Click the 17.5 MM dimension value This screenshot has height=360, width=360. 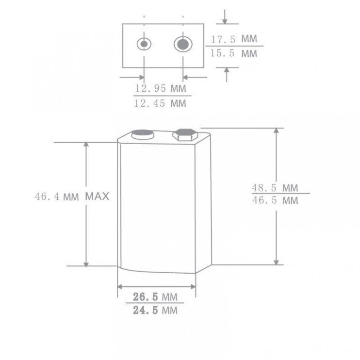tap(234, 39)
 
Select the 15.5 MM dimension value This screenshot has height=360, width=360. tap(233, 53)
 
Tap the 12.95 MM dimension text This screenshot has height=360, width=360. tap(160, 88)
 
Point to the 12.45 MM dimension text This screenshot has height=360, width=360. tap(160, 103)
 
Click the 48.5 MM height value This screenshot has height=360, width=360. tap(275, 188)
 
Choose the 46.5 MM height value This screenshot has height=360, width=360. tap(275, 200)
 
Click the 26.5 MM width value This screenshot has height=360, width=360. tap(155, 297)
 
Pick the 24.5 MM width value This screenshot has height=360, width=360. tap(155, 311)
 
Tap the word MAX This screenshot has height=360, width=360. tap(97, 196)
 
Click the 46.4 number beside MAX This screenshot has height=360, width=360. tap(47, 196)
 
